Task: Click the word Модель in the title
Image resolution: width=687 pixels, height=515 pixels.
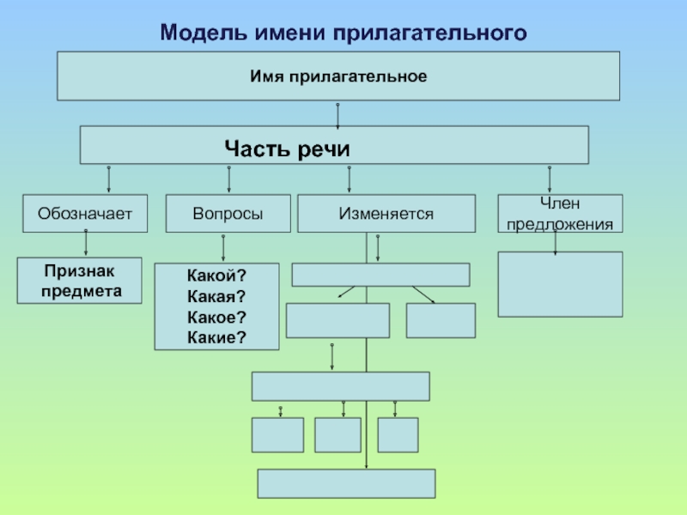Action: (x=204, y=33)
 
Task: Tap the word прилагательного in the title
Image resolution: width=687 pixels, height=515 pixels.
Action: (x=430, y=33)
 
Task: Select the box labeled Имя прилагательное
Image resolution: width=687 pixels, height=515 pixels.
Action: (x=338, y=76)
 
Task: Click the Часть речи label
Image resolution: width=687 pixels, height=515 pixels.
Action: (x=287, y=148)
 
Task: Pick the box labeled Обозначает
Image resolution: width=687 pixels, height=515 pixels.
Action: (x=85, y=213)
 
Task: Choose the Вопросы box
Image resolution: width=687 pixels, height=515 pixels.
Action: (x=228, y=213)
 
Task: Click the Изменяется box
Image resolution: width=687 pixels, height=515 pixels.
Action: (x=386, y=213)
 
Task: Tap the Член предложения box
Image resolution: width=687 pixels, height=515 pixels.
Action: (x=560, y=213)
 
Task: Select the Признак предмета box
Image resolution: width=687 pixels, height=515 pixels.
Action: (x=79, y=281)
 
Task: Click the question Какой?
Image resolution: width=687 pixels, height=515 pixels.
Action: (x=216, y=276)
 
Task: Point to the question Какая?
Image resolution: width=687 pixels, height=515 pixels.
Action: (x=216, y=296)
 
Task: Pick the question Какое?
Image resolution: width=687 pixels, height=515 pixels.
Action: (x=216, y=317)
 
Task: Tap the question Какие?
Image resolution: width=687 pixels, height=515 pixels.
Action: (x=216, y=337)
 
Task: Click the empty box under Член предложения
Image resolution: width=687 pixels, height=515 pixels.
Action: (x=560, y=284)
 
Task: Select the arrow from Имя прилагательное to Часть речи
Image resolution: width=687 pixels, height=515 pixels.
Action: (x=337, y=116)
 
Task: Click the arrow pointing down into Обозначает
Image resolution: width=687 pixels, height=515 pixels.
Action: (x=109, y=179)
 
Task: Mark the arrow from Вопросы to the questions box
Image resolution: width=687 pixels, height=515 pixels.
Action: (x=223, y=248)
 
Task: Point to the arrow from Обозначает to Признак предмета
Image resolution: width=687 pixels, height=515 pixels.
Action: (x=85, y=242)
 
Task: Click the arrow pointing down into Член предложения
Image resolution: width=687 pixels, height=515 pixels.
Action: (x=550, y=179)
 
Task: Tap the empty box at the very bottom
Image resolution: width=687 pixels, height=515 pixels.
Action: (x=347, y=483)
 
